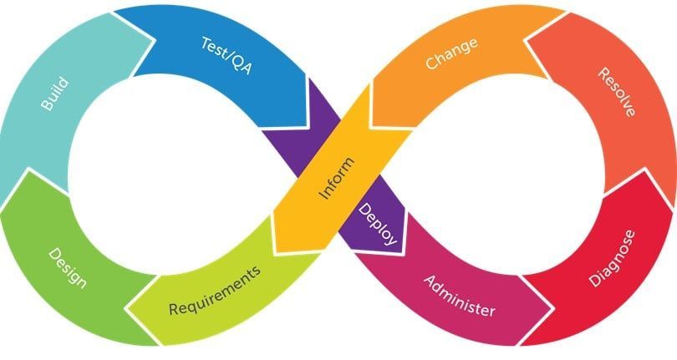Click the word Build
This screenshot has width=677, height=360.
click(55, 94)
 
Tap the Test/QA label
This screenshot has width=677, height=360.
click(227, 56)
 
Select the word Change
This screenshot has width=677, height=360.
click(451, 53)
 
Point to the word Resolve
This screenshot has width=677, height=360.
click(617, 92)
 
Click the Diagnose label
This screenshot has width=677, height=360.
click(613, 258)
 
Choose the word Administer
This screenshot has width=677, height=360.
click(460, 297)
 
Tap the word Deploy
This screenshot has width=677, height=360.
click(378, 224)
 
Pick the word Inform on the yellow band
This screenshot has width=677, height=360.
click(337, 178)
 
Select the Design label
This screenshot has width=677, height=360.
click(68, 267)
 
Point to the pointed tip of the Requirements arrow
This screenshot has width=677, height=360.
click(126, 309)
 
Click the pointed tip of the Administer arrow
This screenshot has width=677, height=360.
click(552, 308)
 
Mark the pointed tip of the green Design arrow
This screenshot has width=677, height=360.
click(28, 170)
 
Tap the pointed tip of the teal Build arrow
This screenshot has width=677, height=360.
click(154, 41)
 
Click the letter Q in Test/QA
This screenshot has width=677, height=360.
click(236, 62)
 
